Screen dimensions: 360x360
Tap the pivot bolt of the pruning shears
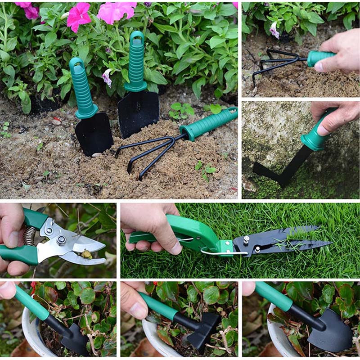point(61,240)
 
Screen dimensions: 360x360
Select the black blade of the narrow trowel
point(94,134)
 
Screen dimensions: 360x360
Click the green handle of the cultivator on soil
point(209,124)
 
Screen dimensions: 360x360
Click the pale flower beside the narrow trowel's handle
point(107,77)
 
